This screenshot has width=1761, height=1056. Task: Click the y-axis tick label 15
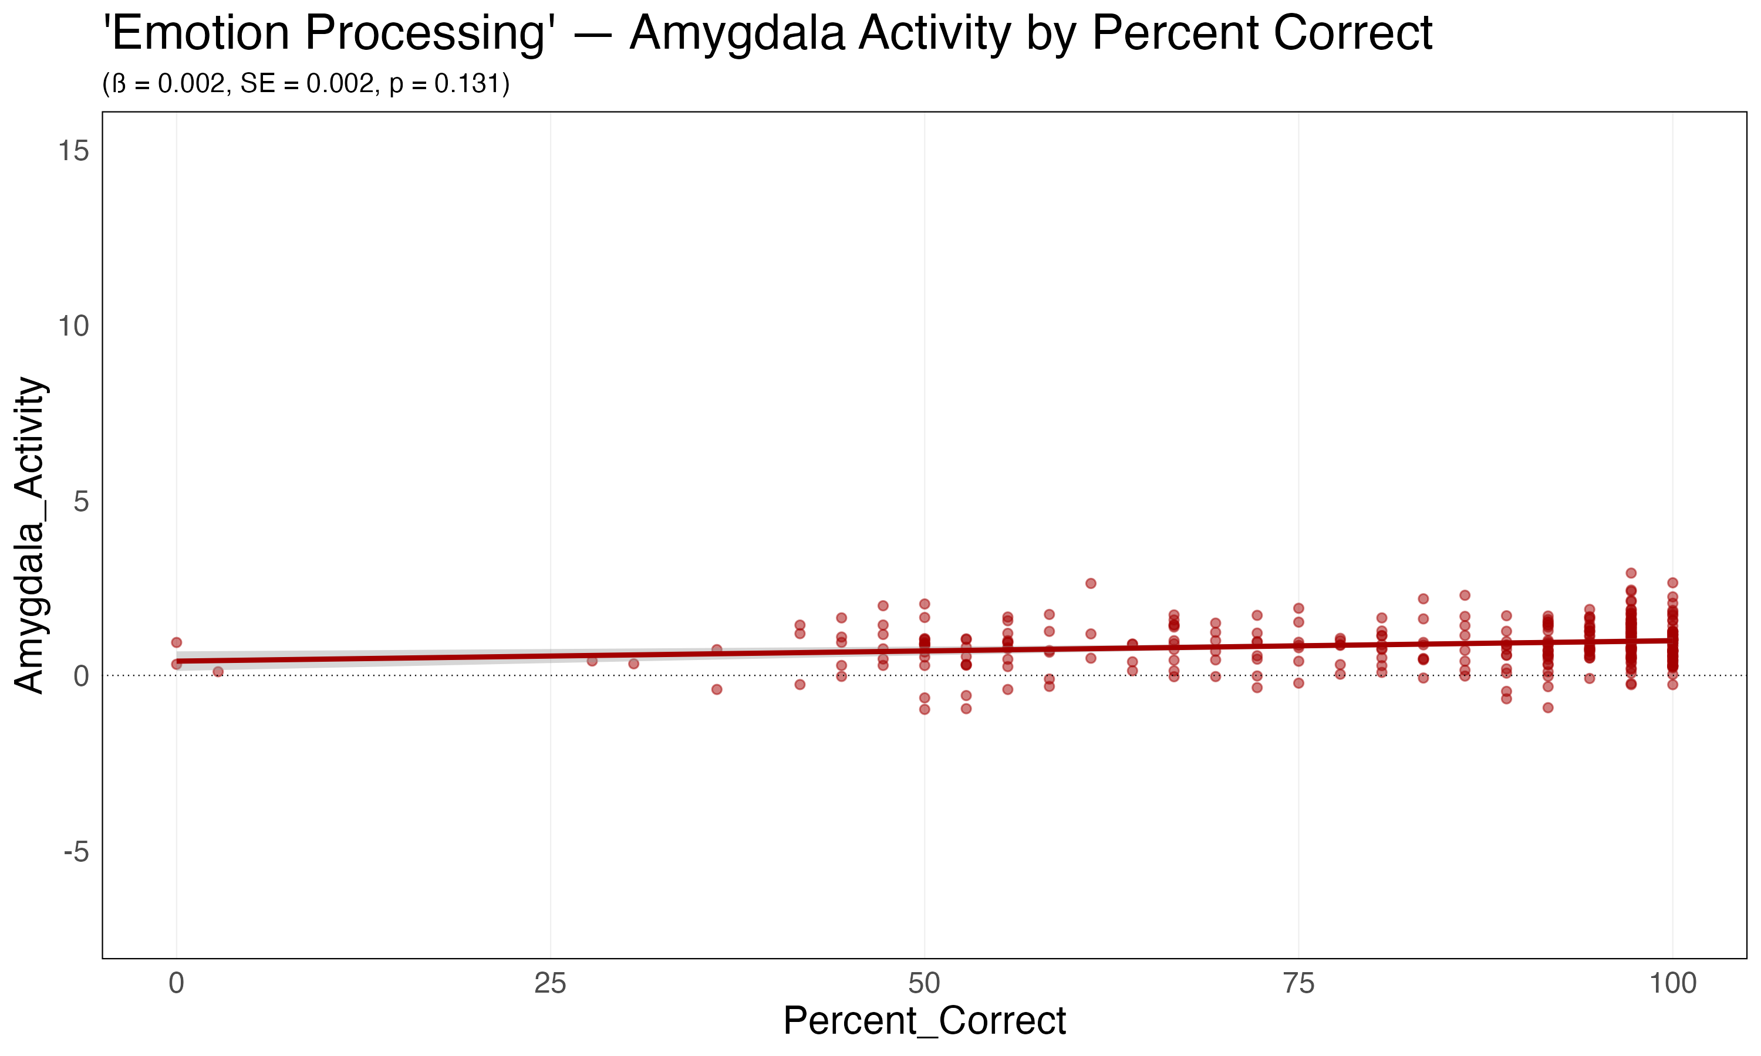[x=73, y=151]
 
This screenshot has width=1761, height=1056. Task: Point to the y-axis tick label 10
[x=73, y=326]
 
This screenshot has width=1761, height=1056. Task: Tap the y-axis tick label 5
[x=80, y=501]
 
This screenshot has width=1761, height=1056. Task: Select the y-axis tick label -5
[x=76, y=851]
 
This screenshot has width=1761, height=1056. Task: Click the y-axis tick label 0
[x=80, y=676]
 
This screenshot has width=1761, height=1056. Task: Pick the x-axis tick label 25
[x=550, y=983]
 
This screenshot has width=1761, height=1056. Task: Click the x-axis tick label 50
[x=924, y=983]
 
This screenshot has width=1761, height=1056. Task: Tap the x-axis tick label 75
[x=1298, y=983]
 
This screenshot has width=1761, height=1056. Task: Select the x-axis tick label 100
[x=1673, y=983]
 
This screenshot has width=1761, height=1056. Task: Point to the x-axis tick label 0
[x=177, y=983]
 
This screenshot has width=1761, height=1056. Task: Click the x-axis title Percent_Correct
[x=924, y=1021]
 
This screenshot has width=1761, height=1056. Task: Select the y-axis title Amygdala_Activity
[x=30, y=535]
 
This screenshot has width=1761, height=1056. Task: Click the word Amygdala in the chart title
[x=737, y=33]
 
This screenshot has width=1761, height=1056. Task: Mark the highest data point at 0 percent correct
[x=177, y=642]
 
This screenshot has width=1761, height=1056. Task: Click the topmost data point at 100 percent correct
[x=1673, y=583]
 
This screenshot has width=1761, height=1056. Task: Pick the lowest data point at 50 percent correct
[x=925, y=709]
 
